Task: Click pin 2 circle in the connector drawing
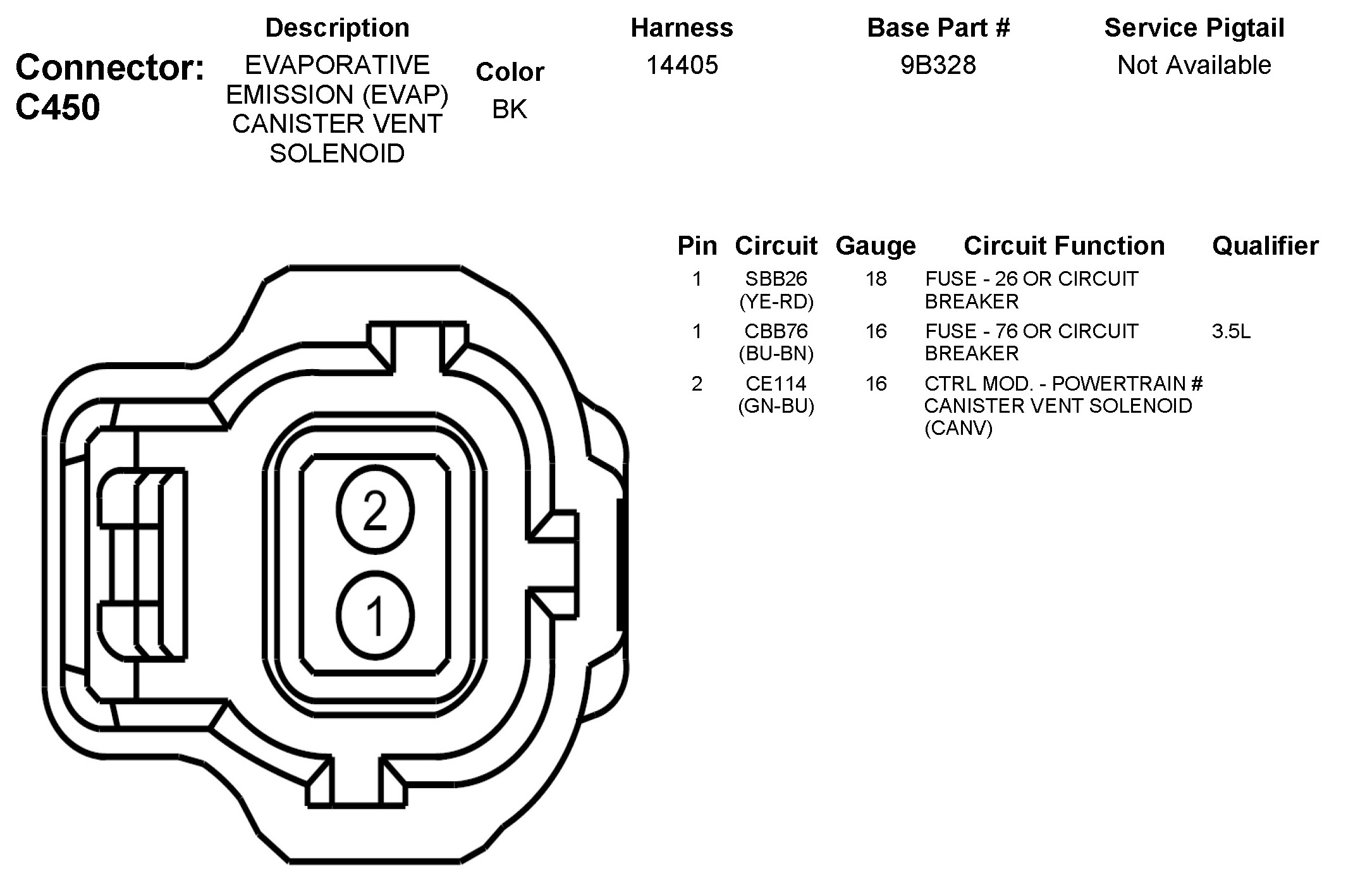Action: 375,511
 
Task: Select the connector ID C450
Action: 58,107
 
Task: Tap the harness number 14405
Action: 682,65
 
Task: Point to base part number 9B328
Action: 938,65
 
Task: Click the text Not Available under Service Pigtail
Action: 1194,65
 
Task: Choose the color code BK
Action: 510,109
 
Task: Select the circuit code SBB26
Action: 776,279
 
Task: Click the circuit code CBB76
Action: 776,331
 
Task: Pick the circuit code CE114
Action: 776,384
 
